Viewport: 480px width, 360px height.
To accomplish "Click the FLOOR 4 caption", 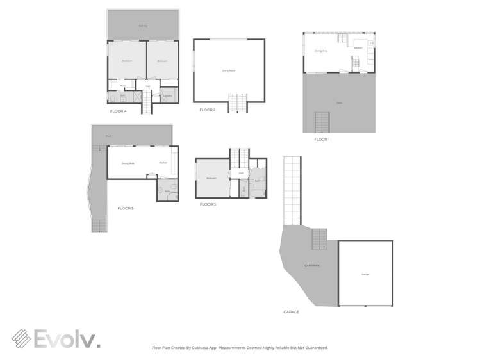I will pyautogui.click(x=118, y=111).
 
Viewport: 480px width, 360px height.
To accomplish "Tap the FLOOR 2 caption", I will pyautogui.click(x=207, y=110).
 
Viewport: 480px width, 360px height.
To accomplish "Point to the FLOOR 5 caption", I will pyautogui.click(x=126, y=208).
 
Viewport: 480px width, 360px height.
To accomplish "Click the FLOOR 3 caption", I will pyautogui.click(x=208, y=204).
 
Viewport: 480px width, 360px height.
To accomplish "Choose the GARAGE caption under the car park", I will pyautogui.click(x=291, y=312).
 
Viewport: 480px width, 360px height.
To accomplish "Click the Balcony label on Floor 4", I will pyautogui.click(x=143, y=26).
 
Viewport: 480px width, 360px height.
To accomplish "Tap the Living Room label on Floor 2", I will pyautogui.click(x=228, y=70).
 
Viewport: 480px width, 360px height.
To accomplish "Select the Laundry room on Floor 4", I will pyautogui.click(x=168, y=96).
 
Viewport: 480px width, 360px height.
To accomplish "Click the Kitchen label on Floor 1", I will pyautogui.click(x=358, y=48).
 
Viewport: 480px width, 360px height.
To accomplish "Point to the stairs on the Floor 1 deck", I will pyautogui.click(x=321, y=121).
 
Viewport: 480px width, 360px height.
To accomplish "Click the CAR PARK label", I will pyautogui.click(x=311, y=265).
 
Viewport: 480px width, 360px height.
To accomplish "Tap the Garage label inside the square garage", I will pyautogui.click(x=365, y=274).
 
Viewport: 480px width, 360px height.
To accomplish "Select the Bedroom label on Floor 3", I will pyautogui.click(x=211, y=178).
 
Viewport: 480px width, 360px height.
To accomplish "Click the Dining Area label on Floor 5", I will pyautogui.click(x=128, y=163).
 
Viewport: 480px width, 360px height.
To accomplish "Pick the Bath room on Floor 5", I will pyautogui.click(x=167, y=191).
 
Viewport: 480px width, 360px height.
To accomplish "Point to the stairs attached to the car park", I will pyautogui.click(x=319, y=240).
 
